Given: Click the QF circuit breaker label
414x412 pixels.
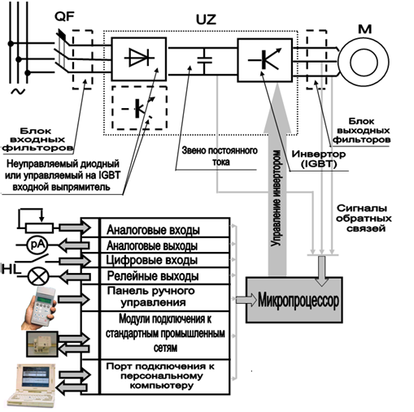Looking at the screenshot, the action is pyautogui.click(x=64, y=17).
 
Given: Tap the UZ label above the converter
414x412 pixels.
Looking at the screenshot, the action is pyautogui.click(x=206, y=20).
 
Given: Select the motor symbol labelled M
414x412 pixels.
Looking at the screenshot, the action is pyautogui.click(x=364, y=62).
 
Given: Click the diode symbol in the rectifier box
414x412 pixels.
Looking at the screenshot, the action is pyautogui.click(x=139, y=57).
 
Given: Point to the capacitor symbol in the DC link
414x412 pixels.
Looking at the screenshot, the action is pyautogui.click(x=205, y=60).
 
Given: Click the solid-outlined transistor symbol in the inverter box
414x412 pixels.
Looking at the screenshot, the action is pyautogui.click(x=265, y=60).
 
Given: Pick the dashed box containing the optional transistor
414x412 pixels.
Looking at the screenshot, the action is pyautogui.click(x=139, y=108).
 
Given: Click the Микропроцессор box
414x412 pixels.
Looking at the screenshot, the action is pyautogui.click(x=294, y=300).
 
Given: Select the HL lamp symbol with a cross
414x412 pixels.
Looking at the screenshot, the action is pyautogui.click(x=39, y=276).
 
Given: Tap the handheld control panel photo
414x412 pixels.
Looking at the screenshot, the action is pyautogui.click(x=39, y=308).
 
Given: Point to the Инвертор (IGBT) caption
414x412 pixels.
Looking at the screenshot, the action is pyautogui.click(x=319, y=158).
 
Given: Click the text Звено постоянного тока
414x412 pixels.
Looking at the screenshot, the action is pyautogui.click(x=220, y=156).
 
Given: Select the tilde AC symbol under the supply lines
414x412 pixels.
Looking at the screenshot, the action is pyautogui.click(x=18, y=92).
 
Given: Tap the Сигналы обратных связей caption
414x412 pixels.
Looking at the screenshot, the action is pyautogui.click(x=364, y=219).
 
